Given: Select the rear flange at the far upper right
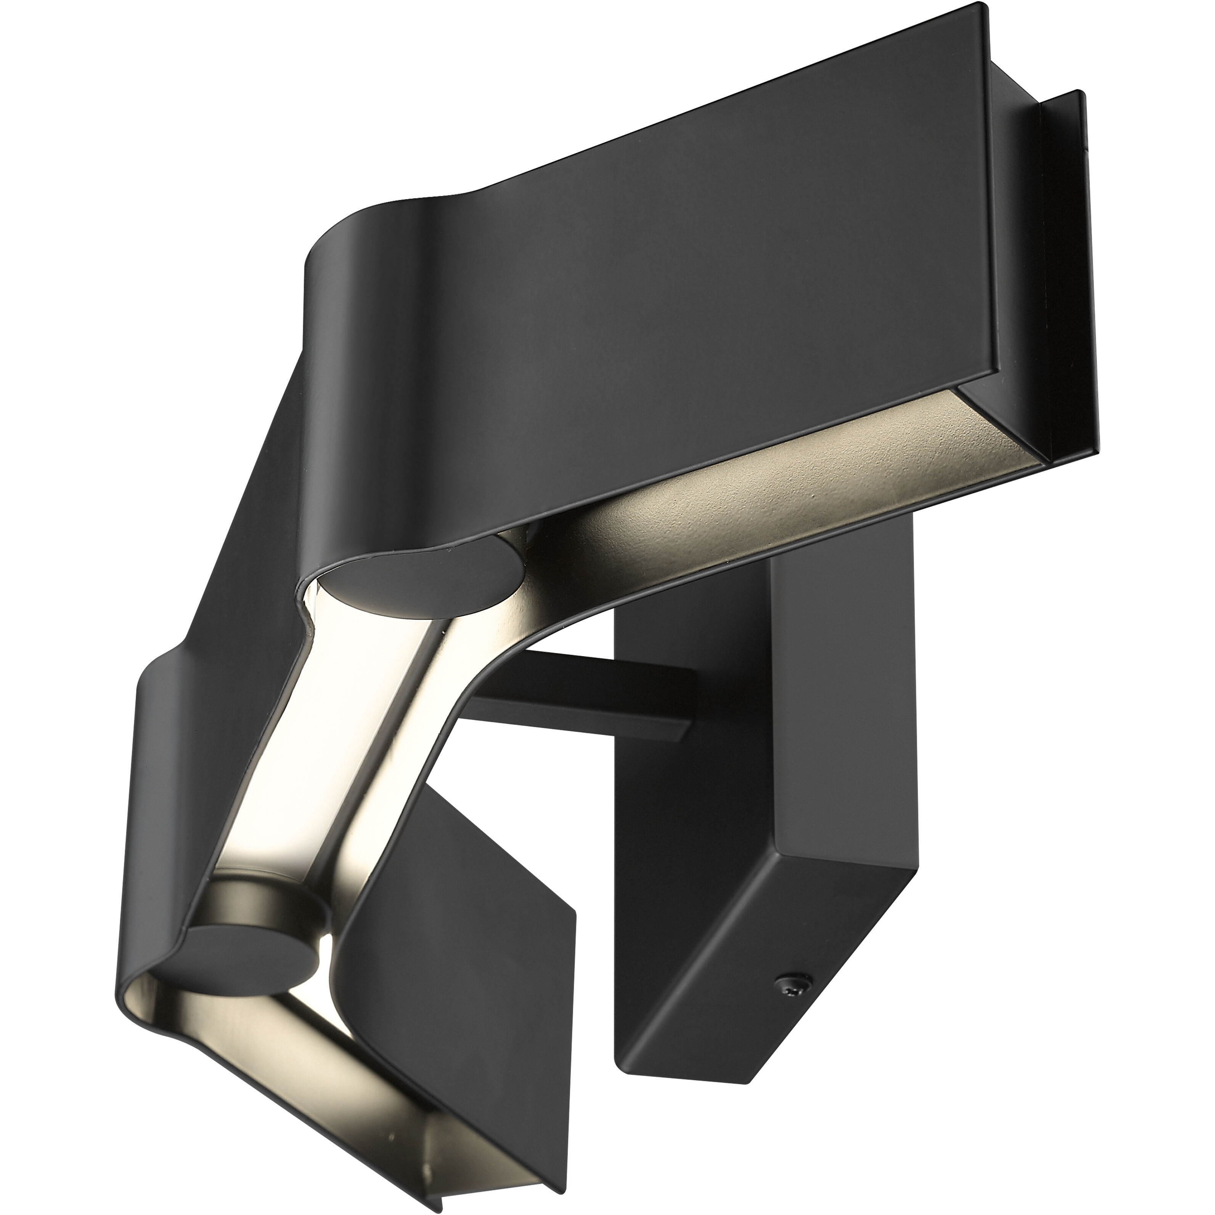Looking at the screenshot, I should (x=1063, y=264).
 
